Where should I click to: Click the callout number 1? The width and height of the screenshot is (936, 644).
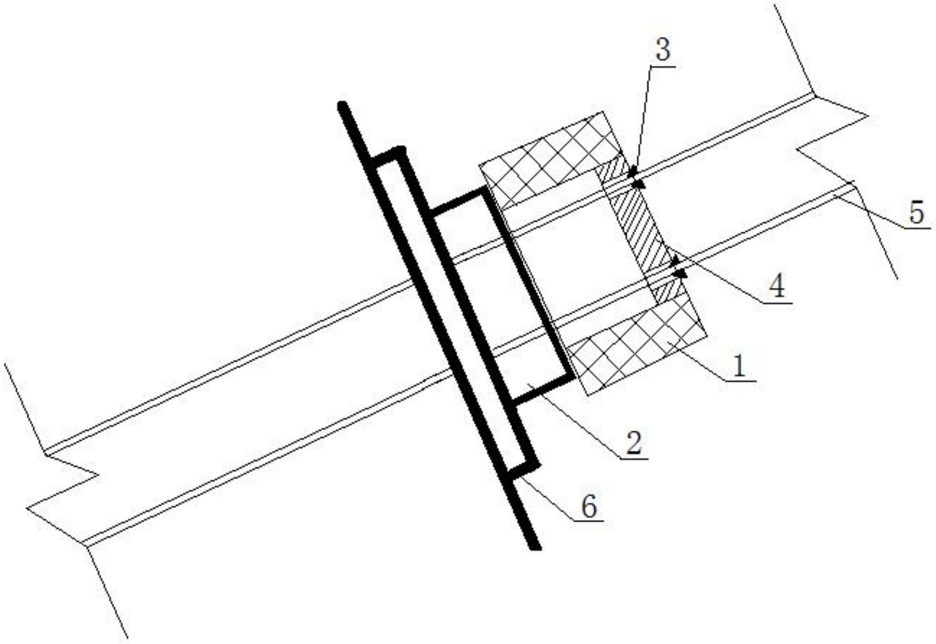(739, 365)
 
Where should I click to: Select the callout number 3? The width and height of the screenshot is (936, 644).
(663, 50)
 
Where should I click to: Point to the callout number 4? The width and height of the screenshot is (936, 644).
(776, 286)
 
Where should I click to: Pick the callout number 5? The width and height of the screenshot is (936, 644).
(916, 213)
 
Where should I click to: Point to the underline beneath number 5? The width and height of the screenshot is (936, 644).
(916, 228)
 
